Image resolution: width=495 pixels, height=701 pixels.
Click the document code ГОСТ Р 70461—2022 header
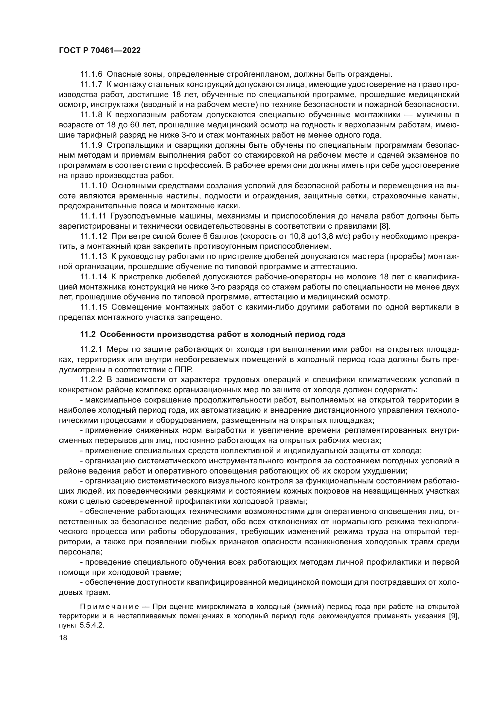tap(100, 51)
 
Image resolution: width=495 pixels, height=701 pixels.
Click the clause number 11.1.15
tap(94, 307)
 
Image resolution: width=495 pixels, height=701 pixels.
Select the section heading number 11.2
tap(88, 334)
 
